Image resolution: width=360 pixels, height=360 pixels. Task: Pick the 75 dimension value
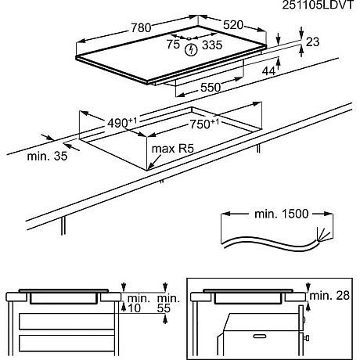pyautogui.click(x=174, y=45)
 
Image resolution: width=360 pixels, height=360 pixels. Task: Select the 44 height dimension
pyautogui.click(x=270, y=71)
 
